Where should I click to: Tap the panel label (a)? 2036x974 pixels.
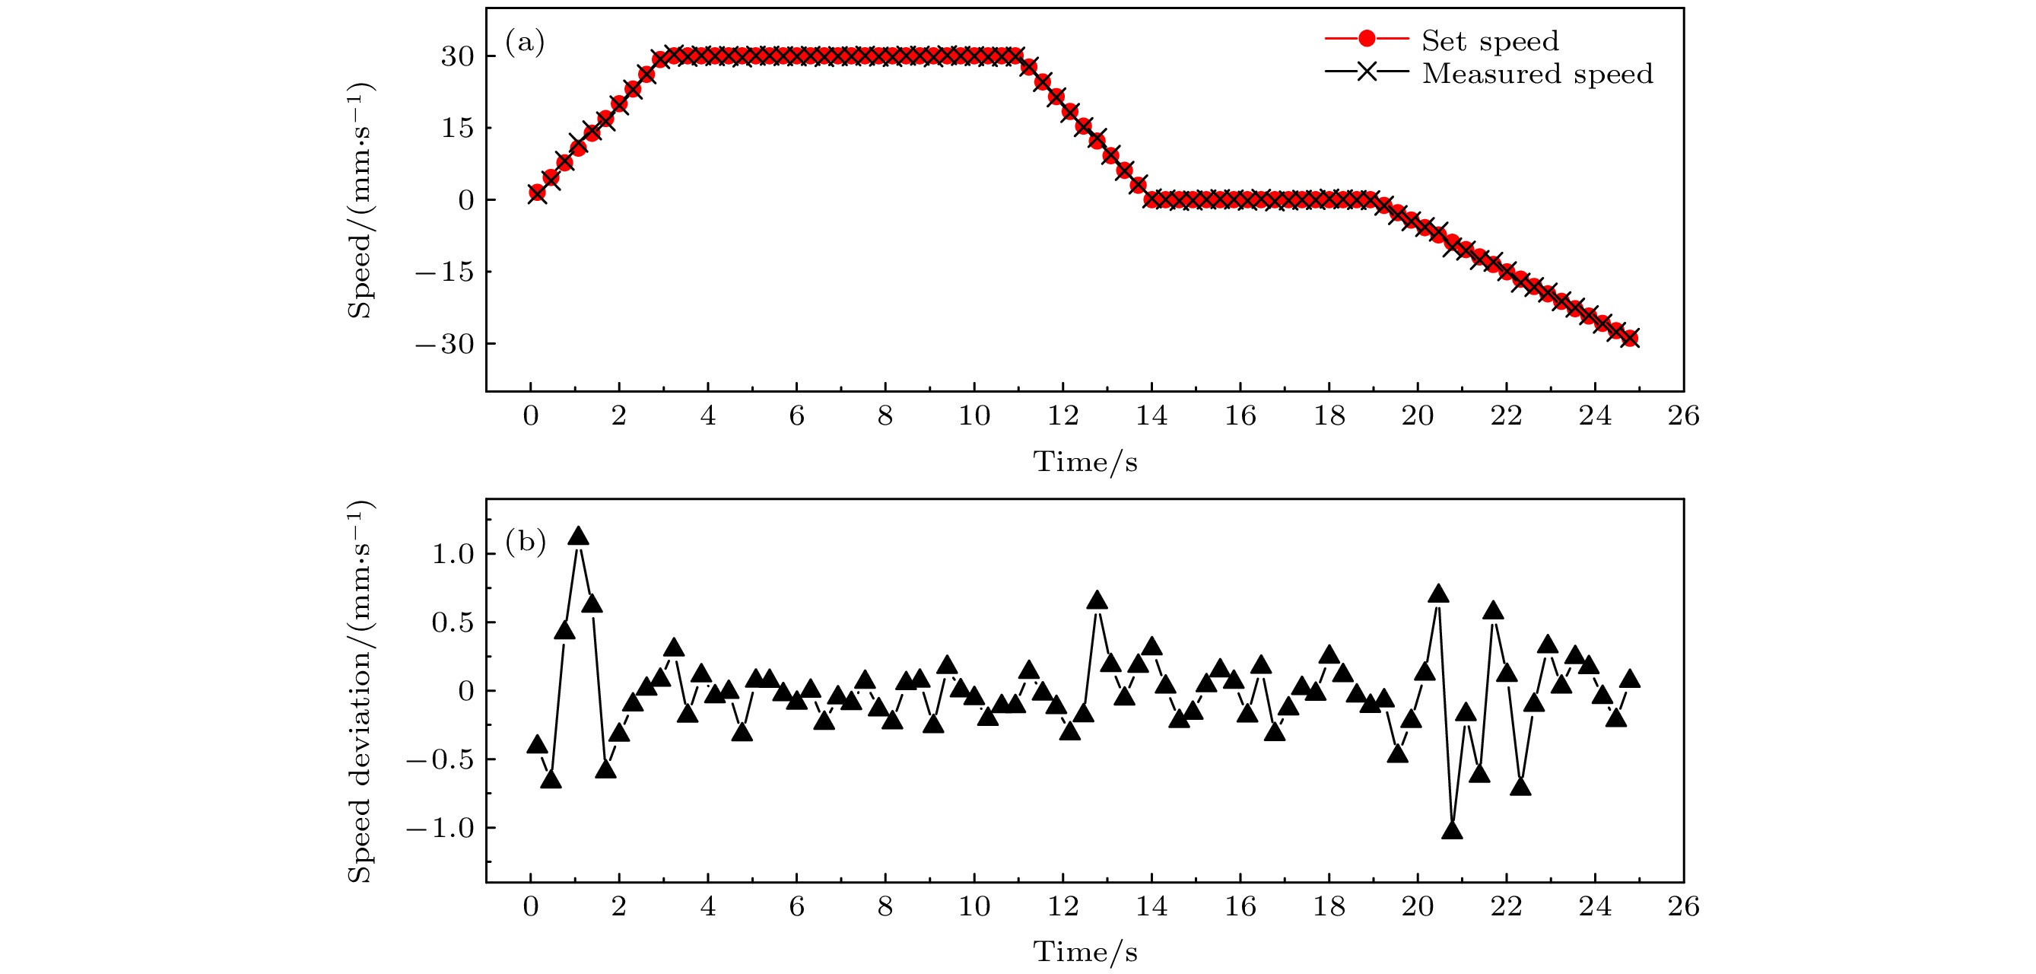(525, 42)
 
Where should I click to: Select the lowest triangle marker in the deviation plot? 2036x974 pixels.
(1452, 831)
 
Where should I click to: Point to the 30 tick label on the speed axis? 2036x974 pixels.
(458, 56)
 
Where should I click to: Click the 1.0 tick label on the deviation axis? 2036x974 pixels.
(452, 554)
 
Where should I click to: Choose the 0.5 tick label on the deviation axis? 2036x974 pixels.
(452, 623)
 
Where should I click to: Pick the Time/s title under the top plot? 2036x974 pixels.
(1085, 462)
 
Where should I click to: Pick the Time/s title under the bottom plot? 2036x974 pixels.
(1085, 952)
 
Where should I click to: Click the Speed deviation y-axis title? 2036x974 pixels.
(360, 691)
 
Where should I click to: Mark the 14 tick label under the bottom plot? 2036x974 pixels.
(1151, 906)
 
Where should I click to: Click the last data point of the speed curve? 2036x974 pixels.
(1629, 339)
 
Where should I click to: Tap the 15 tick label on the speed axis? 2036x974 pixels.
(458, 128)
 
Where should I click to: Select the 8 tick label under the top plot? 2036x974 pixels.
(885, 415)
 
